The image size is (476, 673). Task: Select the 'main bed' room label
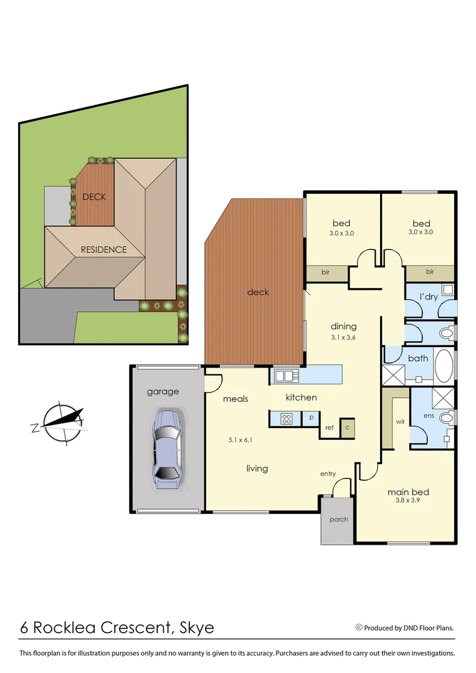click(408, 492)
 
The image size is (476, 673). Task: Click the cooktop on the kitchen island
click(286, 419)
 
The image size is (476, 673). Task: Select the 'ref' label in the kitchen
click(330, 428)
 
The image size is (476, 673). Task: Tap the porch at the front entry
click(338, 520)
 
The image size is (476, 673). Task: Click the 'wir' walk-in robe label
click(400, 421)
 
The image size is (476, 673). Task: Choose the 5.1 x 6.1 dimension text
click(240, 440)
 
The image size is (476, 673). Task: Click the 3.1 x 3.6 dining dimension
click(343, 337)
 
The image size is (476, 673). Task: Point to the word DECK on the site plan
click(94, 197)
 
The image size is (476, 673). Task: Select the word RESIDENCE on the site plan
click(103, 250)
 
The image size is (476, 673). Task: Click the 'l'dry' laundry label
click(429, 297)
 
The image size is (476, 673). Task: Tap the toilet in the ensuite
click(445, 418)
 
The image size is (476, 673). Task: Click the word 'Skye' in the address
click(196, 628)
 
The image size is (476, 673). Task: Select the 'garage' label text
click(163, 391)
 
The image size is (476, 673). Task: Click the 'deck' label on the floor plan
click(258, 292)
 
